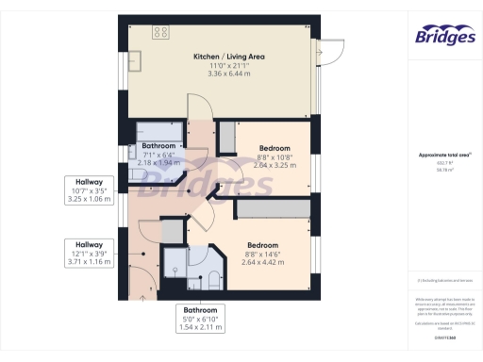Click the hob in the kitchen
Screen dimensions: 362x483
tap(160, 32)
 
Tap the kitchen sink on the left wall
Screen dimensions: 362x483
tap(134, 60)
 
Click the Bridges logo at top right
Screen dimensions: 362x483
tap(443, 36)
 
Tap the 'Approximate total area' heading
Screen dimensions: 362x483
tap(442, 154)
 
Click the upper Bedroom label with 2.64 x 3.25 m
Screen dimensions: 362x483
tap(275, 156)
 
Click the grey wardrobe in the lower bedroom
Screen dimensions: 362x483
tap(273, 209)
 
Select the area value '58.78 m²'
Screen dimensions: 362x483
tap(442, 170)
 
